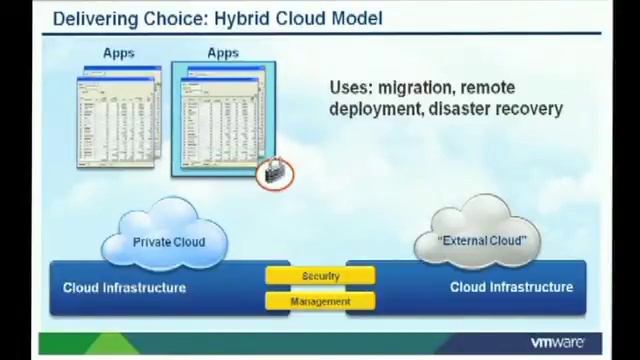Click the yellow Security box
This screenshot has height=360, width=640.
(x=320, y=275)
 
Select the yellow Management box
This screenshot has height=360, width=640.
(x=320, y=301)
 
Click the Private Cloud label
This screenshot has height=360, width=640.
(x=169, y=242)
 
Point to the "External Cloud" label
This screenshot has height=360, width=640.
(x=482, y=241)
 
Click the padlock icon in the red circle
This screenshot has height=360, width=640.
(x=273, y=174)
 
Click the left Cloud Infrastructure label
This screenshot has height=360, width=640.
(x=124, y=288)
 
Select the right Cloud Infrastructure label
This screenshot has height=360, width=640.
(x=511, y=288)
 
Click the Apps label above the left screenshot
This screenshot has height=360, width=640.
(x=118, y=53)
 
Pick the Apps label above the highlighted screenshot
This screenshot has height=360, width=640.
(x=223, y=53)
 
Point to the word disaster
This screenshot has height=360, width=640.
(x=462, y=109)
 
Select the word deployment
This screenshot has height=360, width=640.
(x=374, y=109)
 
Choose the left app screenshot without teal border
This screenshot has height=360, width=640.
(x=119, y=117)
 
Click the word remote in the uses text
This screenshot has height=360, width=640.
(x=487, y=88)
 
